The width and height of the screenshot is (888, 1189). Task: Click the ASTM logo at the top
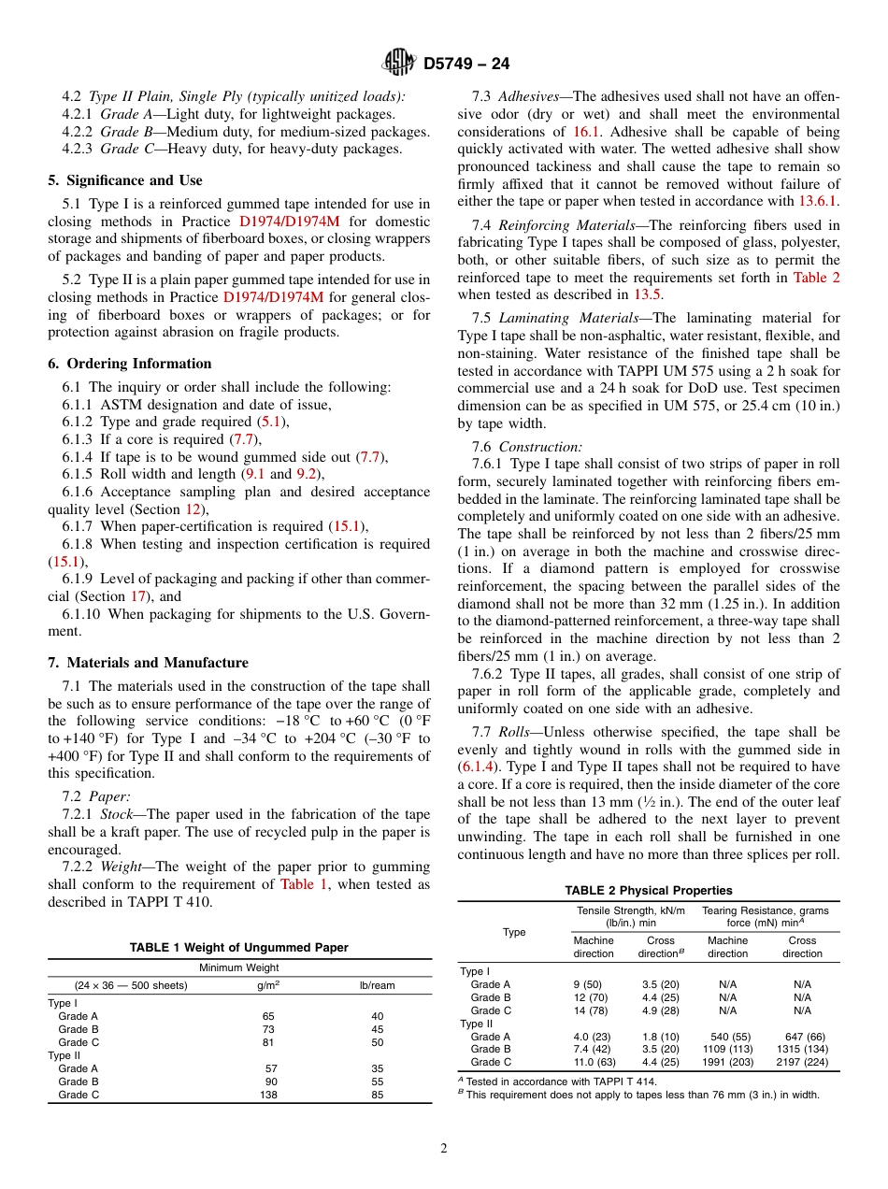pos(399,64)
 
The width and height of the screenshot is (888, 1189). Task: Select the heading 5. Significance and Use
pos(125,180)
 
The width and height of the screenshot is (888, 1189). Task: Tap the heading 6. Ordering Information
pos(130,364)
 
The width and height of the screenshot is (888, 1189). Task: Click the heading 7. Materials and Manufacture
pos(148,663)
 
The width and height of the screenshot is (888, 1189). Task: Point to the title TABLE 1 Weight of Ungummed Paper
pos(238,947)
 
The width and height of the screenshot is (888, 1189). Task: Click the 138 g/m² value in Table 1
pos(269,1095)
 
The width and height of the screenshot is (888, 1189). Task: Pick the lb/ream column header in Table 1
pos(377,984)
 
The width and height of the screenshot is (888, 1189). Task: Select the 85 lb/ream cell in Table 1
pos(377,1095)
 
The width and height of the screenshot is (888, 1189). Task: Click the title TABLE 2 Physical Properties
pos(648,890)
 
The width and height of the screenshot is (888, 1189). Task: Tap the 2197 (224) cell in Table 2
pos(802,1062)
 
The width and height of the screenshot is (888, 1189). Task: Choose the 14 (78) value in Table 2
pos(588,1010)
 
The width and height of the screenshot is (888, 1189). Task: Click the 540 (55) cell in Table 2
pos(727,1036)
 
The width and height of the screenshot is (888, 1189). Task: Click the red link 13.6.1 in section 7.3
pos(818,200)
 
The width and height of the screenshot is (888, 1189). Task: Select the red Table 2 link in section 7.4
pos(816,278)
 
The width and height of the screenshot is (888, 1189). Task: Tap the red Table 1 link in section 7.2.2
pos(304,884)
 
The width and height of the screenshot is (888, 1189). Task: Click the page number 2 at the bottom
pos(444,1149)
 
